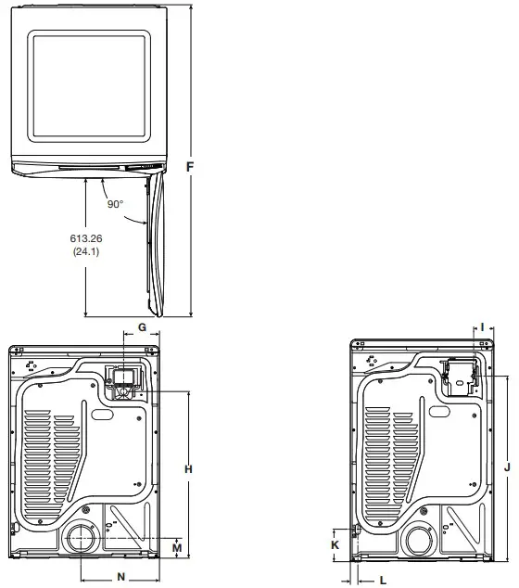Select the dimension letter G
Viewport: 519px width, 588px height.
[142, 327]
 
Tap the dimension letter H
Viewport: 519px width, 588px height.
[188, 470]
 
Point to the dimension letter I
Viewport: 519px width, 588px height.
[483, 326]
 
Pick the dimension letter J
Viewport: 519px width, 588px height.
[507, 468]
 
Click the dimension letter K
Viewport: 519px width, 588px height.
[335, 546]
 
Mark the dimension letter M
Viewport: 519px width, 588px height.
[176, 547]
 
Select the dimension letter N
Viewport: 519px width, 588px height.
[120, 577]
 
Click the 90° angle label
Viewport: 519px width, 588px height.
[115, 204]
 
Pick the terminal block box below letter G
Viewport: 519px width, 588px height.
[121, 381]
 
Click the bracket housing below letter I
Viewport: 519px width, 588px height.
[459, 377]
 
